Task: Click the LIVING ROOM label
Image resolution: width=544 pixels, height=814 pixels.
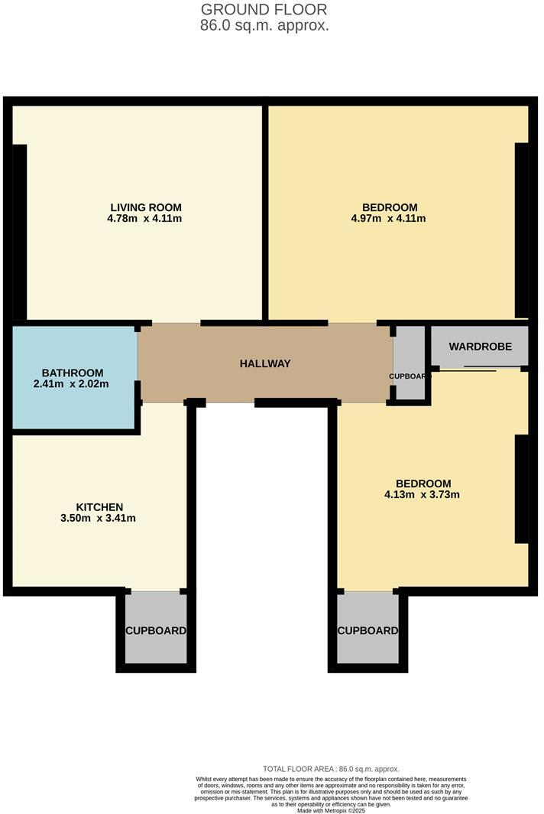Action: pos(146,207)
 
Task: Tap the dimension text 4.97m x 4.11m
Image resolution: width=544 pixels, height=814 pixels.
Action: pos(390,219)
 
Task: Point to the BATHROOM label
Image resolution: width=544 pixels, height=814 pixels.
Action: pos(73,373)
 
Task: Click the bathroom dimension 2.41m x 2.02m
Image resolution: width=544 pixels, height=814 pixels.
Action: pos(70,384)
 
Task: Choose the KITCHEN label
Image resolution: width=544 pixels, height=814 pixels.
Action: pos(99,507)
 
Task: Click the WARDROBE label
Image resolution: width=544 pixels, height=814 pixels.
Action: pos(479,347)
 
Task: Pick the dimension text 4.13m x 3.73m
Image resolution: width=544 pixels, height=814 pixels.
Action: pos(423,495)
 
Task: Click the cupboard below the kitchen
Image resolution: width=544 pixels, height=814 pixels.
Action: pos(156,630)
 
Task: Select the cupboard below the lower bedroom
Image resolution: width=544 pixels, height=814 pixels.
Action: pos(368,630)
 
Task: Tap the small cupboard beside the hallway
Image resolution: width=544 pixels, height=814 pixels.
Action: pos(409,363)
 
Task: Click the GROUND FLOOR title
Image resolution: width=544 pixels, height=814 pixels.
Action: pos(264,10)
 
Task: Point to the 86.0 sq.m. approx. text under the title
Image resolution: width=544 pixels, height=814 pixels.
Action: pos(264,25)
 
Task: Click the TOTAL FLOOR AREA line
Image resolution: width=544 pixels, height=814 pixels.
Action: pos(331,769)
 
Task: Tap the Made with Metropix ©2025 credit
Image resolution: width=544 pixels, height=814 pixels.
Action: pos(331,810)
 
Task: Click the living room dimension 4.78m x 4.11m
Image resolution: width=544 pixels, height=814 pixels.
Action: pos(145,219)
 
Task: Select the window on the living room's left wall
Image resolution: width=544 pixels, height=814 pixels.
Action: pos(19,232)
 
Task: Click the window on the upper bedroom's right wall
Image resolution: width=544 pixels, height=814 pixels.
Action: pos(521,230)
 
